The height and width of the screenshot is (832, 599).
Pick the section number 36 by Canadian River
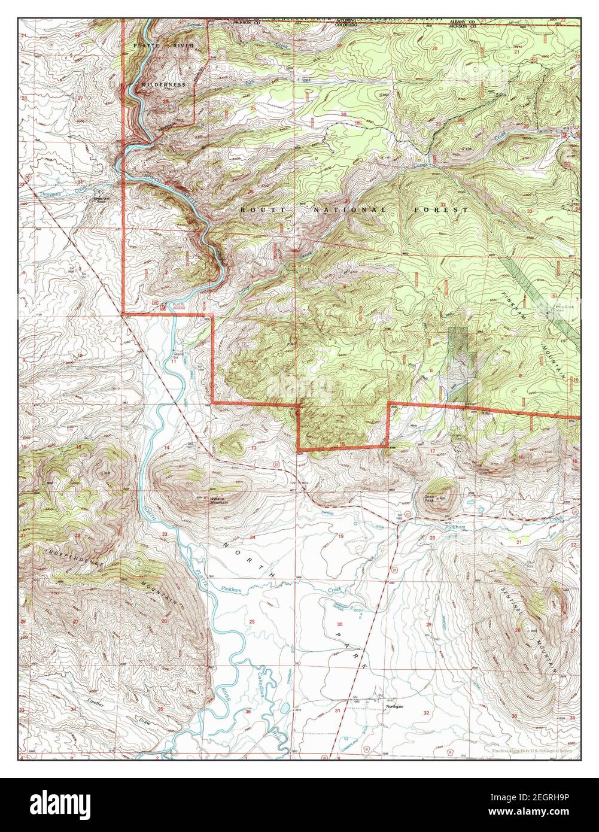[x=248, y=711]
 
